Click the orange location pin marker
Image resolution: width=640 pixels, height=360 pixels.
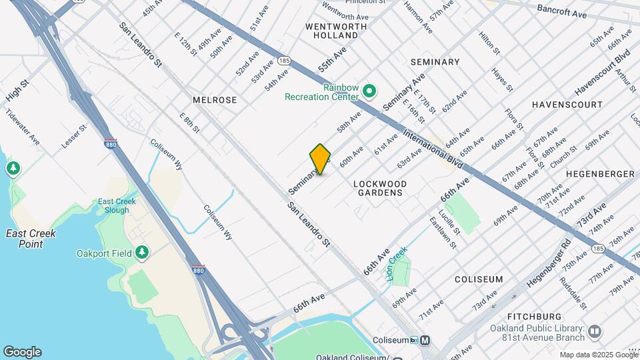pos(321,159)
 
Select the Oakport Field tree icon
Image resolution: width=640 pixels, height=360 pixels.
pos(141,252)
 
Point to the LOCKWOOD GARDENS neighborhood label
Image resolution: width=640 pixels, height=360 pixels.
pos(379,187)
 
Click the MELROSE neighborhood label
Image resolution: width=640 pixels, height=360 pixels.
pos(215,99)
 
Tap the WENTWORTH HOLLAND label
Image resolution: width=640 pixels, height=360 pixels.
pos(336,32)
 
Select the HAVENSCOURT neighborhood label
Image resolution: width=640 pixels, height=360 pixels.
pos(567,105)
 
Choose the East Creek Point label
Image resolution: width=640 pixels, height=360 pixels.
pos(31,239)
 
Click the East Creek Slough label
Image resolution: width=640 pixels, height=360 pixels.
pos(117,205)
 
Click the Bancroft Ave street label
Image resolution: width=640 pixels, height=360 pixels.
pos(561,12)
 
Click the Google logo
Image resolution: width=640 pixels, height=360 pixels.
pos(22,352)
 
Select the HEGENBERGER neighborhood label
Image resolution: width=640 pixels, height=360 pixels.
pos(600,173)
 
